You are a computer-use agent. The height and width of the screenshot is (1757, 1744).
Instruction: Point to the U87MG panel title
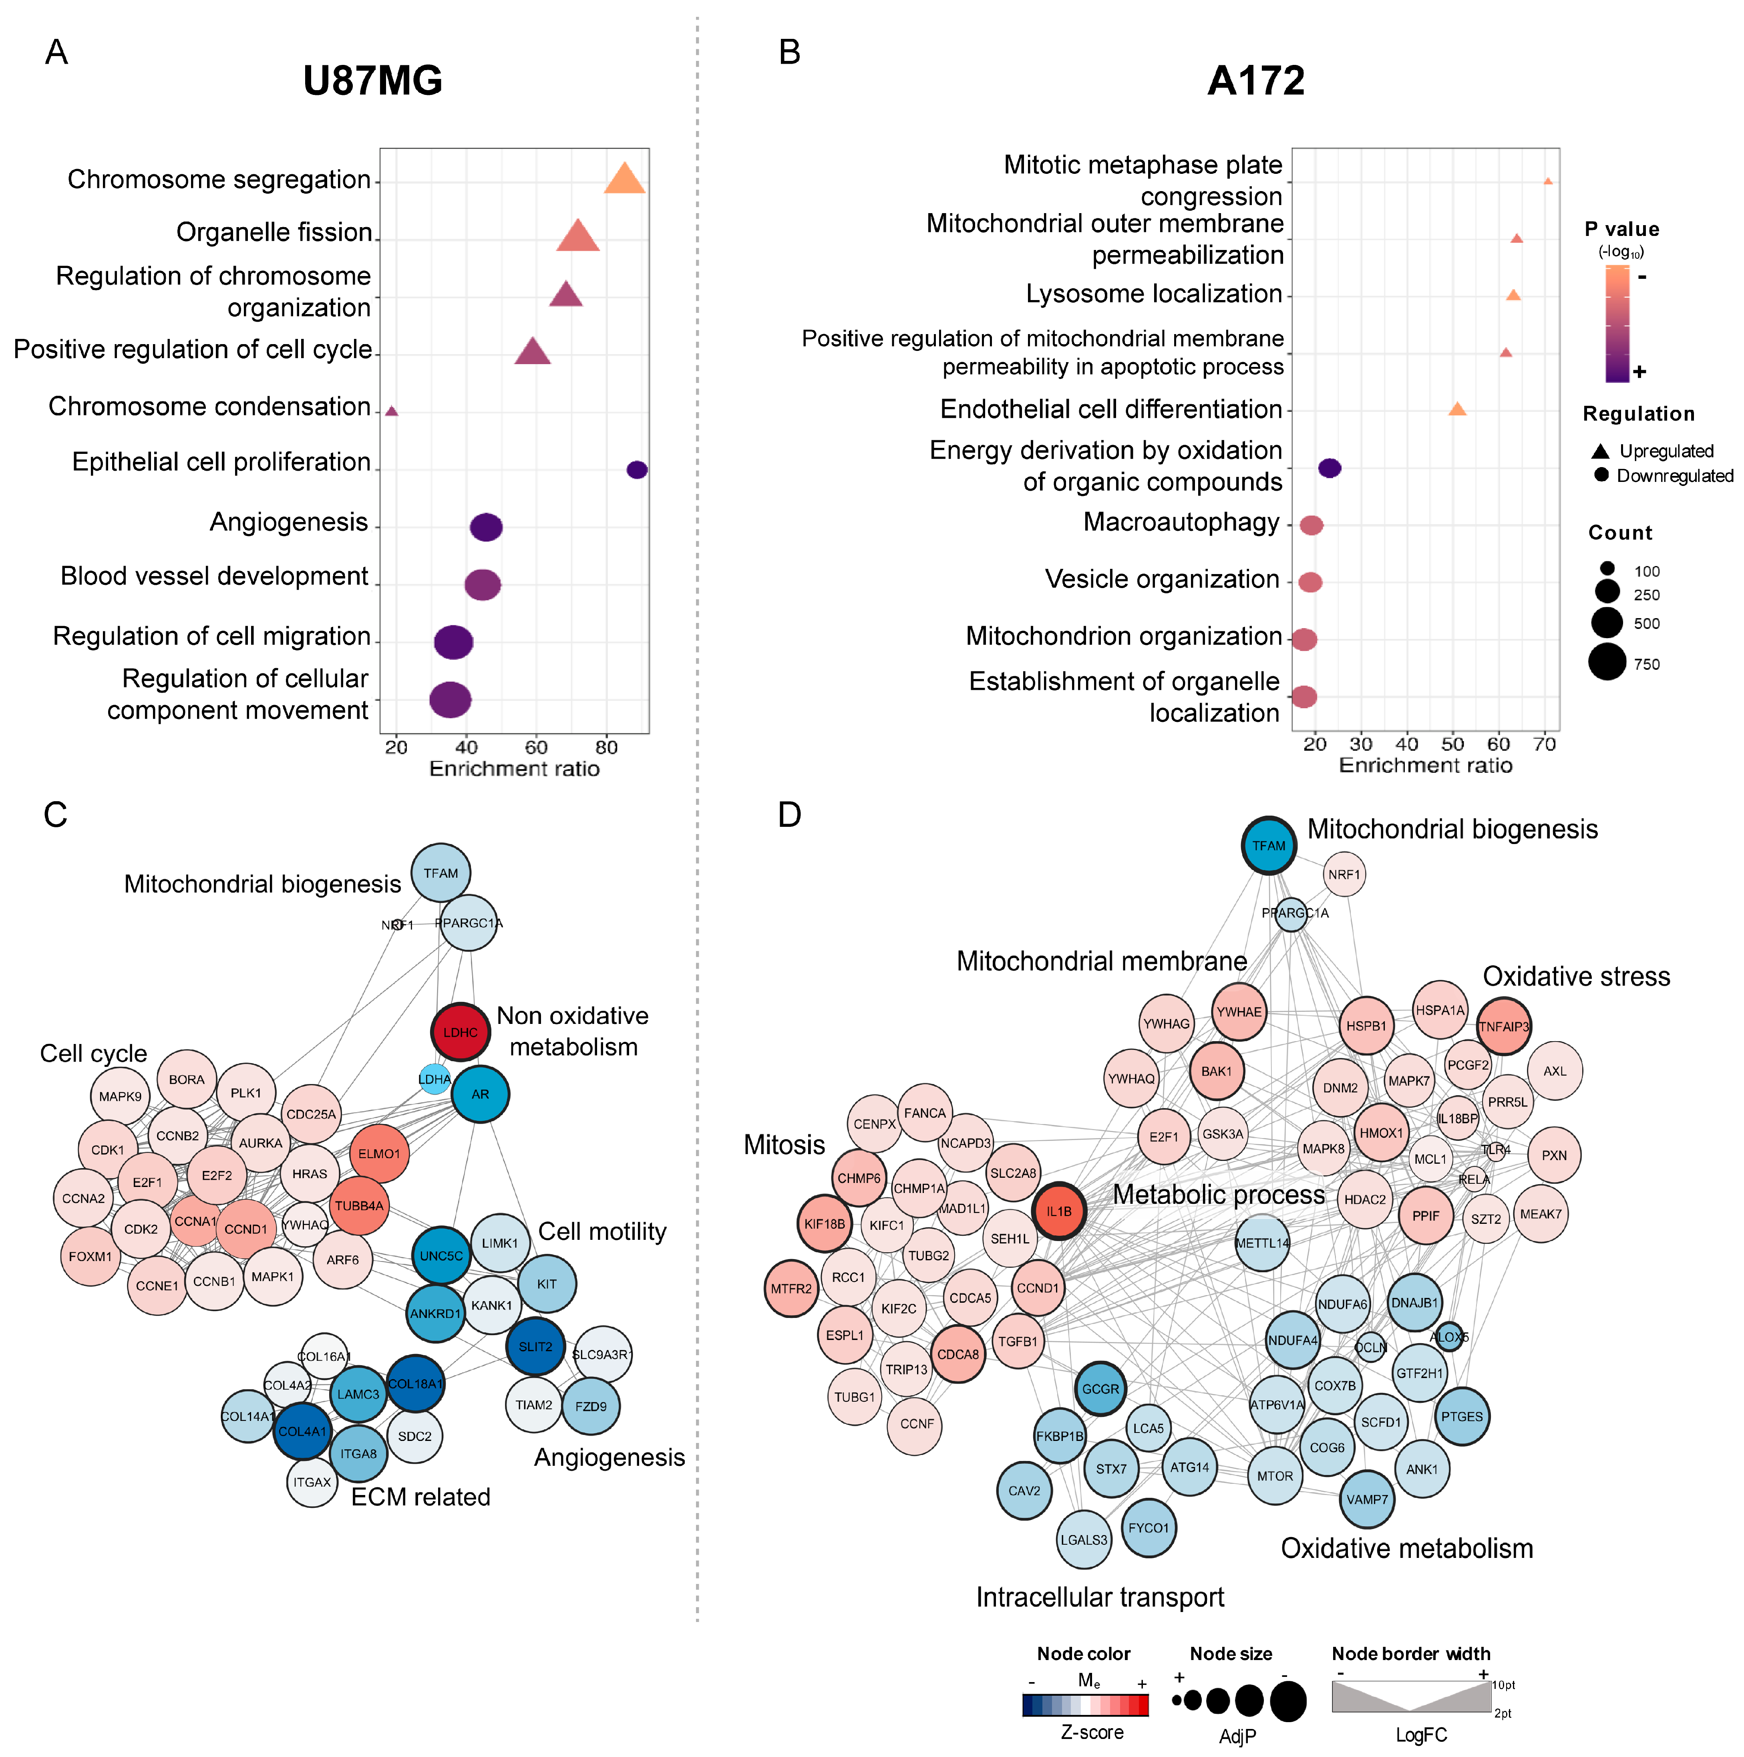click(x=373, y=81)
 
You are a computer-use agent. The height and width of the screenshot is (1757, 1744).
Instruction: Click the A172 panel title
click(x=1256, y=81)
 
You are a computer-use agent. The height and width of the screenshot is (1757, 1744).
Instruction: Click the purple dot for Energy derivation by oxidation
click(x=1330, y=467)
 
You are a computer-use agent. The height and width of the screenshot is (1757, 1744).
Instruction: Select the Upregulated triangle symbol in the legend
click(x=1600, y=451)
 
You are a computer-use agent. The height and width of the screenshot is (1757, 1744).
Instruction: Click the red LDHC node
click(x=460, y=1032)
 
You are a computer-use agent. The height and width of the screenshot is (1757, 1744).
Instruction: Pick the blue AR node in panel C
click(x=480, y=1094)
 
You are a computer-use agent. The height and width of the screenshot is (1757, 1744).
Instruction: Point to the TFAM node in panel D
click(x=1268, y=846)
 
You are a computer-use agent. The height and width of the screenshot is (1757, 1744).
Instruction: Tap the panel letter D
click(x=789, y=815)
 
